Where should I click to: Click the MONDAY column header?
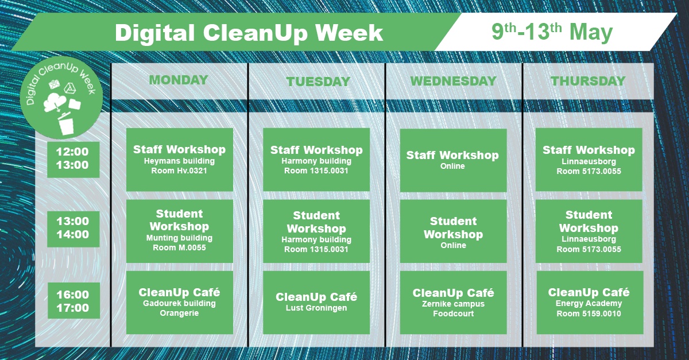[179, 80]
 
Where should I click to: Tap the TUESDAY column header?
[318, 82]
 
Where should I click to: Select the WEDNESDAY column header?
[454, 81]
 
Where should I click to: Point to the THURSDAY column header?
[588, 81]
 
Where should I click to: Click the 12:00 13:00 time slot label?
[73, 160]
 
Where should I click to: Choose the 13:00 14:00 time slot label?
[73, 229]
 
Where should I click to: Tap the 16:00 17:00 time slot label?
[73, 300]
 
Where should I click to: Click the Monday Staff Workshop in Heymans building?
[179, 160]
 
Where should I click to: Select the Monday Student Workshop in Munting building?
[179, 231]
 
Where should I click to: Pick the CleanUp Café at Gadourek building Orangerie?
[179, 303]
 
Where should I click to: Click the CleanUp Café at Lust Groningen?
[316, 303]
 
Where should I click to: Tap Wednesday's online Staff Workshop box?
[453, 160]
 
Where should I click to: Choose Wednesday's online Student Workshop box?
[453, 231]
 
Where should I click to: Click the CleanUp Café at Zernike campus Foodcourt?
[453, 303]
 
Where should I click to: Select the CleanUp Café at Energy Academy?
[590, 303]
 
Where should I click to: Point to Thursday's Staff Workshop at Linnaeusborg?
[589, 160]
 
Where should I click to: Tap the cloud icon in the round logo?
[55, 102]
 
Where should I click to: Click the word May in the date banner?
[591, 32]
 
